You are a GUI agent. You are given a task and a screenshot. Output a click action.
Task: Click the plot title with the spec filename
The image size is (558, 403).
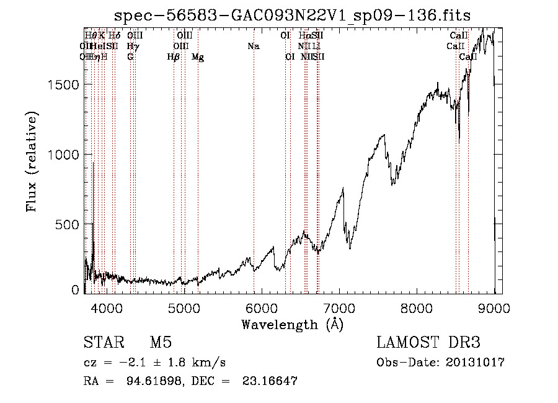click(x=293, y=16)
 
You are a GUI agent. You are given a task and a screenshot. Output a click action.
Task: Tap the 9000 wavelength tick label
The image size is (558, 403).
click(x=494, y=307)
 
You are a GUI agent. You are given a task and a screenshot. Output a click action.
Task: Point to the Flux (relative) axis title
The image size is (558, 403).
click(x=32, y=161)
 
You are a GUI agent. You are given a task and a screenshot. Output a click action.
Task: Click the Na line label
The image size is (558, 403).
click(x=253, y=46)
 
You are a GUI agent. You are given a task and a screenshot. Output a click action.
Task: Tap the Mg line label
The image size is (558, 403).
click(x=198, y=57)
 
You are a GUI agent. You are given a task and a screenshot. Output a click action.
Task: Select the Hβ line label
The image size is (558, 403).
click(x=174, y=57)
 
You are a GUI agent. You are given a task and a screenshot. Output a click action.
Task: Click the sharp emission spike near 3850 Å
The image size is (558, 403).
click(x=93, y=165)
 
